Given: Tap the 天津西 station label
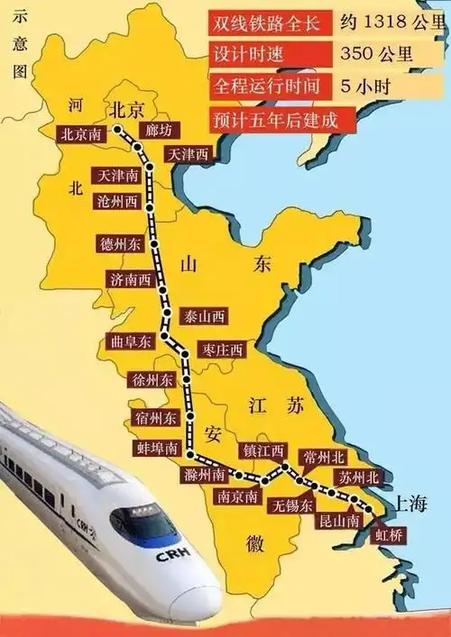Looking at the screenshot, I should [x=188, y=155].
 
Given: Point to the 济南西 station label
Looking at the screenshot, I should [x=129, y=279].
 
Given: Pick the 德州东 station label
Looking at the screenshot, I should [x=122, y=243].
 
